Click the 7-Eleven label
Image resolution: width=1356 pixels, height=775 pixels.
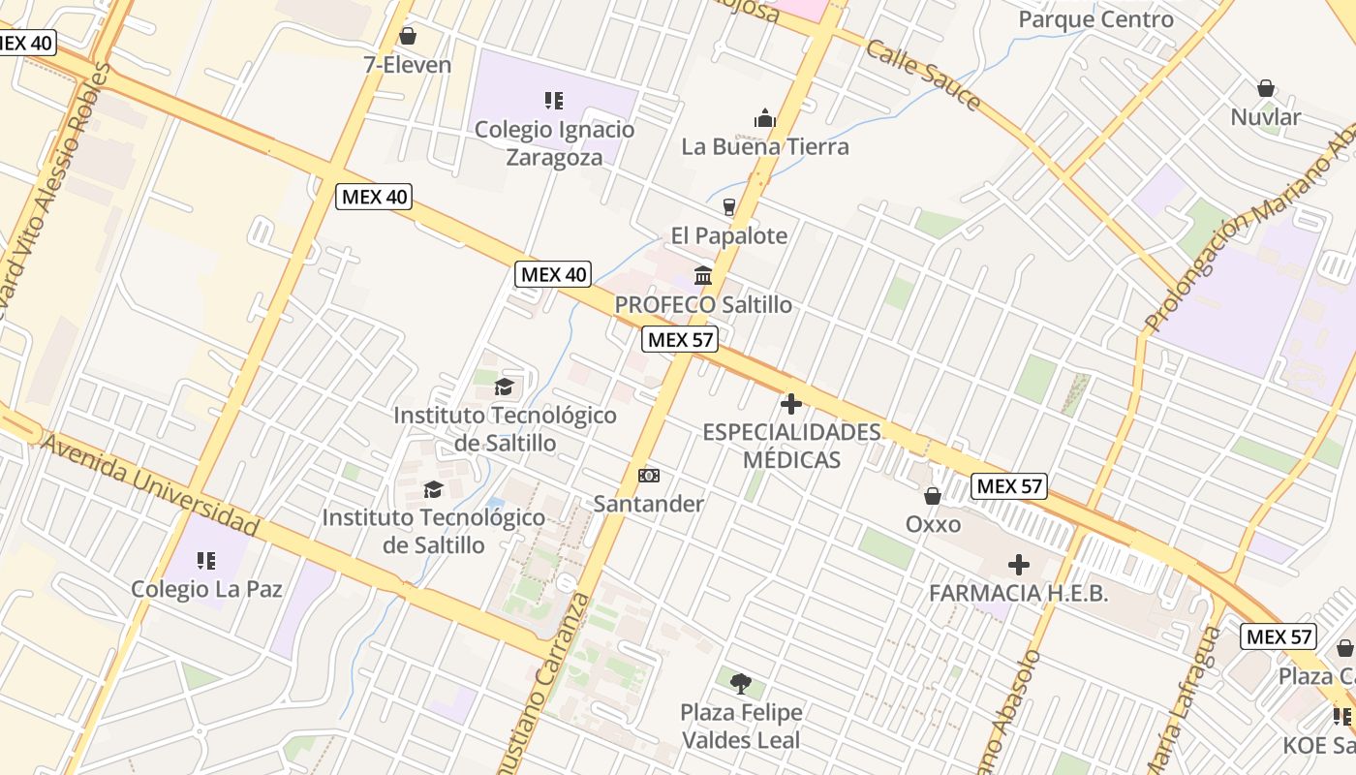pyautogui.click(x=407, y=65)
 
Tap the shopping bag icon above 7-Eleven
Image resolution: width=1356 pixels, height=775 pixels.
pyautogui.click(x=408, y=36)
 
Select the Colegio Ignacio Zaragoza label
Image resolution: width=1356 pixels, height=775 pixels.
pyautogui.click(x=554, y=142)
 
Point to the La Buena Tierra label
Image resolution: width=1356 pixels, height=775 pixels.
pyautogui.click(x=765, y=146)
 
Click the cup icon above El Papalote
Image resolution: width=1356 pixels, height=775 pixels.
pyautogui.click(x=729, y=206)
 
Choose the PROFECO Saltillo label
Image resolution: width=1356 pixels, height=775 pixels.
pyautogui.click(x=703, y=304)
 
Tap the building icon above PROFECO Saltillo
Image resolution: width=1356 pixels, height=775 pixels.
pyautogui.click(x=703, y=276)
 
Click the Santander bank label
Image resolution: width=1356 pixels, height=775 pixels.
pyautogui.click(x=648, y=504)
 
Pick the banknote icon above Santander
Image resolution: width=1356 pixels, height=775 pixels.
pyautogui.click(x=649, y=476)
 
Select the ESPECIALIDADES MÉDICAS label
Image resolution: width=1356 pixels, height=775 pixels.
pyautogui.click(x=791, y=445)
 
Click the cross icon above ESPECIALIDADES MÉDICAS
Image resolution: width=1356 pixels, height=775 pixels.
pyautogui.click(x=791, y=404)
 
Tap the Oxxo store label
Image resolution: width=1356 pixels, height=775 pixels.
pyautogui.click(x=933, y=524)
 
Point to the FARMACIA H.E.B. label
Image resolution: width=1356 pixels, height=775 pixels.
pyautogui.click(x=1018, y=593)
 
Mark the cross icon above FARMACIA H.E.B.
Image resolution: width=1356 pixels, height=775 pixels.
pyautogui.click(x=1018, y=564)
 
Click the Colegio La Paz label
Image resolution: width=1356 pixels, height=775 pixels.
pyautogui.click(x=206, y=588)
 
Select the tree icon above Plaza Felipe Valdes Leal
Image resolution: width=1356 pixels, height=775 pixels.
pyautogui.click(x=741, y=684)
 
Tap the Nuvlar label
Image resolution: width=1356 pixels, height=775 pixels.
pyautogui.click(x=1265, y=117)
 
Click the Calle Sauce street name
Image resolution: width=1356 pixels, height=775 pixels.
pyautogui.click(x=923, y=74)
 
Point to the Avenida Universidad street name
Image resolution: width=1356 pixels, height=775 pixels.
pyautogui.click(x=150, y=485)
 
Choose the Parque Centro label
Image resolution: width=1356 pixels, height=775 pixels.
pyautogui.click(x=1095, y=18)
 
